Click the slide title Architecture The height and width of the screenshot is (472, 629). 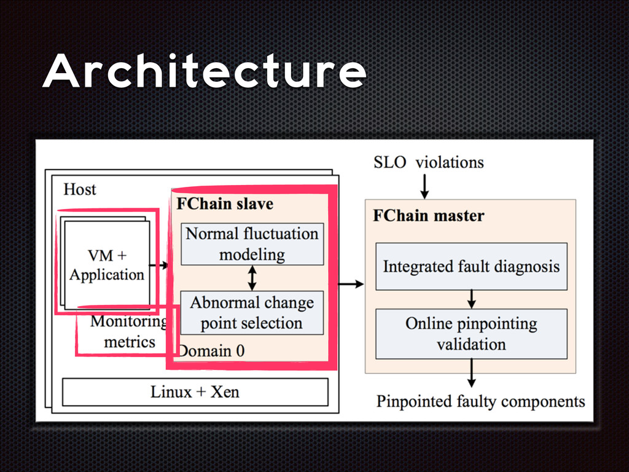pyautogui.click(x=203, y=73)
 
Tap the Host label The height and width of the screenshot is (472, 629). pyautogui.click(x=80, y=189)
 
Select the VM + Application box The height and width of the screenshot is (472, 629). pyautogui.click(x=107, y=264)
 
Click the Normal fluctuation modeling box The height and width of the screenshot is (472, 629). pyautogui.click(x=252, y=244)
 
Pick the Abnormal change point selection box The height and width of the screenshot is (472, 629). pyautogui.click(x=252, y=313)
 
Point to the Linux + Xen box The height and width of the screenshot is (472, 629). pyautogui.click(x=195, y=392)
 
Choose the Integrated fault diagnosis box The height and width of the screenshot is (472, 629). pyautogui.click(x=471, y=267)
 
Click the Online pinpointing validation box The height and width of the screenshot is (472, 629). pyautogui.click(x=471, y=334)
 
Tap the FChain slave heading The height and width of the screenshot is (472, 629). pyautogui.click(x=225, y=203)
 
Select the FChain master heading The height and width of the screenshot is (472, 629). pyautogui.click(x=428, y=216)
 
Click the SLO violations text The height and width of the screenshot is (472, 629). pyautogui.click(x=428, y=162)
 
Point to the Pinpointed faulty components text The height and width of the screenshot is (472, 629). pyautogui.click(x=480, y=402)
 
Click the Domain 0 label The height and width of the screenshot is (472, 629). pyautogui.click(x=212, y=351)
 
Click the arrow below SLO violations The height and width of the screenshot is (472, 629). pyautogui.click(x=424, y=184)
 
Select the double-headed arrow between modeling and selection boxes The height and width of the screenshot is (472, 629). pyautogui.click(x=252, y=278)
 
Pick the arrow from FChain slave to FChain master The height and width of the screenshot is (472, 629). pyautogui.click(x=351, y=284)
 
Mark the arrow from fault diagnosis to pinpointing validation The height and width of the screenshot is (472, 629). pyautogui.click(x=471, y=299)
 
